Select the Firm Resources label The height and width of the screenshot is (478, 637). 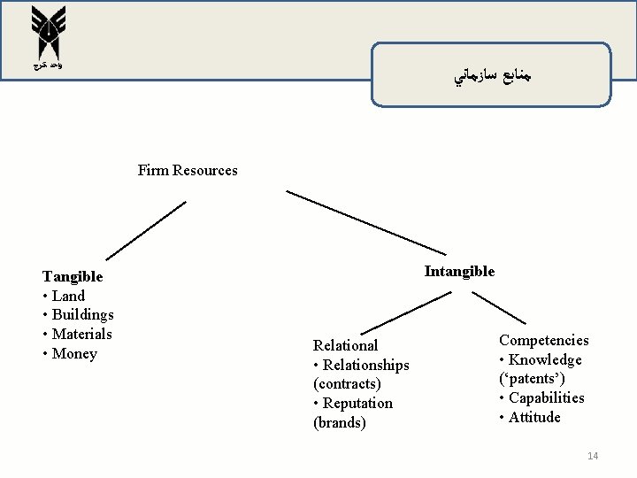click(188, 169)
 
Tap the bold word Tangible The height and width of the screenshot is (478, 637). click(73, 276)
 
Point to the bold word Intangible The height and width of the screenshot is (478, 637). click(459, 271)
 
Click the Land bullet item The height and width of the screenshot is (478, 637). click(66, 296)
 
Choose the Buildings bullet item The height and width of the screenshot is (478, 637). click(81, 315)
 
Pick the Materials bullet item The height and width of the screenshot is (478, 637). click(81, 335)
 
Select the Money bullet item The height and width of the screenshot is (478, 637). click(73, 354)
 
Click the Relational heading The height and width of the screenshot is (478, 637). click(346, 345)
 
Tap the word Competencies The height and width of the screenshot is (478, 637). click(543, 340)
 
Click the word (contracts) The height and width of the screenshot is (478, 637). click(347, 384)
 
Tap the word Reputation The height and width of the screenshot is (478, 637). click(357, 404)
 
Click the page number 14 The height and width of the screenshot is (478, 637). click(593, 456)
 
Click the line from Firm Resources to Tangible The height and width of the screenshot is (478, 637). click(147, 229)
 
